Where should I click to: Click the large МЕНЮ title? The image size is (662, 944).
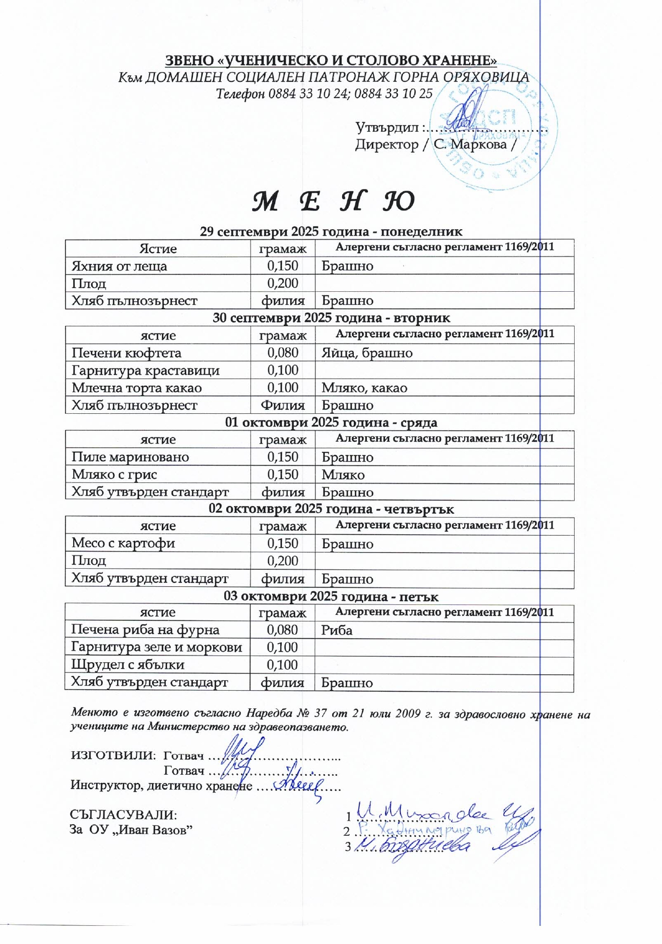pos(333,202)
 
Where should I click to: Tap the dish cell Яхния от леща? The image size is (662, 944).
pos(119,266)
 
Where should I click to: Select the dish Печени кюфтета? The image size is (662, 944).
pos(126,353)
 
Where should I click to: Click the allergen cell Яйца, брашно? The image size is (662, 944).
pos(366,353)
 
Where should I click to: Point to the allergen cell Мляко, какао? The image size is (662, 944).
pos(364,388)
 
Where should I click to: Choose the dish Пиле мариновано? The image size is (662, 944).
pos(130,457)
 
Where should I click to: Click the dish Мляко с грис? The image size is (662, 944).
pos(114,474)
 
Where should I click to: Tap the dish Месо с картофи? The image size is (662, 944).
pos(123,543)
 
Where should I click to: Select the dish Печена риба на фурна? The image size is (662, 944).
pos(145,630)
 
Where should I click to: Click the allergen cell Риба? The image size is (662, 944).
pos(337,630)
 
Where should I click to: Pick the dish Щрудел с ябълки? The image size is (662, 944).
pos(127,664)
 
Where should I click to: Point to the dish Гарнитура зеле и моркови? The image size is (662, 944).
pos(156,647)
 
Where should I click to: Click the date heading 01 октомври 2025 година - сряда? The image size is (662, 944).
pos(331,423)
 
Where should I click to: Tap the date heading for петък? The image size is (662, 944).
pos(331,597)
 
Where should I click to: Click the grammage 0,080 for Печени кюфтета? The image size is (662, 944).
pos(282,353)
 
